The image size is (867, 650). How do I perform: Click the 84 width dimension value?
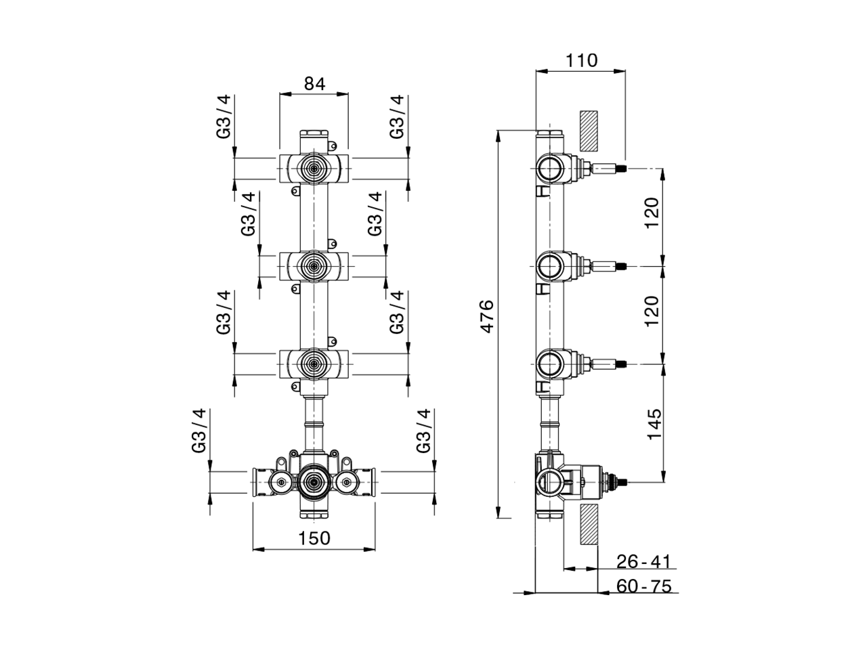(x=314, y=83)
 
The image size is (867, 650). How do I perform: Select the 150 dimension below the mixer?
(x=314, y=538)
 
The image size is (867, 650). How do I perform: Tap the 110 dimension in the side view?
(x=582, y=60)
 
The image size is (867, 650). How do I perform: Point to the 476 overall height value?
(x=486, y=316)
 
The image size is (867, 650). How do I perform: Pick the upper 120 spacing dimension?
(x=652, y=213)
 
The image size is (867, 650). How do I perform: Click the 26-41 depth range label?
(x=643, y=561)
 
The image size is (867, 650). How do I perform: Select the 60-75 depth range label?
(x=643, y=586)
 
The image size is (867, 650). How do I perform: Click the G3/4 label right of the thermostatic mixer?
(x=423, y=431)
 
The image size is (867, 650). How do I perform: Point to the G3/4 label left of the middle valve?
(x=249, y=214)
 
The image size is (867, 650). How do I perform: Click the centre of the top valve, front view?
(x=314, y=167)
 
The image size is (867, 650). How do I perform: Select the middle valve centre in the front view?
(x=314, y=265)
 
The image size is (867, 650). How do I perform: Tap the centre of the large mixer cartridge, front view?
(x=314, y=482)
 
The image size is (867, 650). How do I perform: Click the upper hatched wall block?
(x=588, y=131)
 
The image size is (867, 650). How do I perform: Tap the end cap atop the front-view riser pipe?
(x=314, y=133)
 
